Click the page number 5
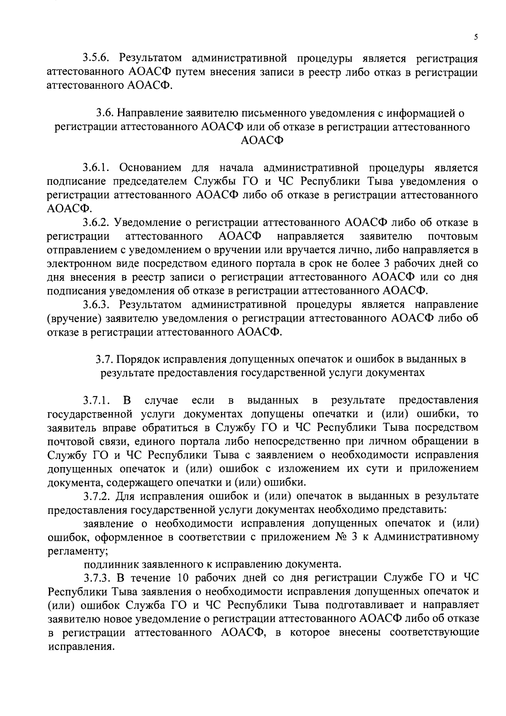(x=476, y=37)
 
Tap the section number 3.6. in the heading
(x=105, y=113)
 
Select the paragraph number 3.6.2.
(x=97, y=223)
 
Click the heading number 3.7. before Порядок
(x=104, y=359)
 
